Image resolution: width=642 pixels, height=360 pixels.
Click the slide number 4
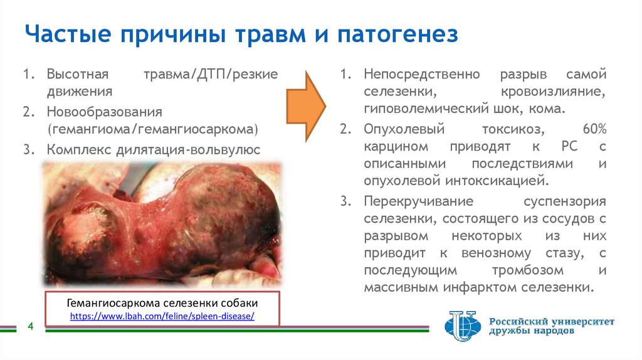pyautogui.click(x=29, y=327)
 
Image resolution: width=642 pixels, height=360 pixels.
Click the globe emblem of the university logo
pyautogui.click(x=462, y=325)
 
